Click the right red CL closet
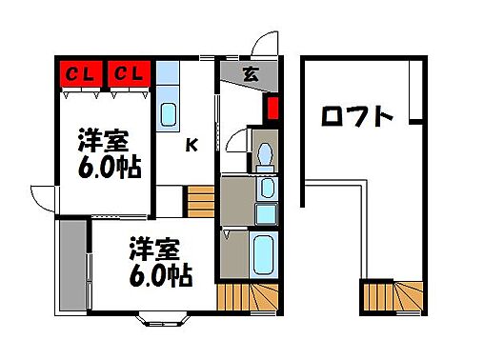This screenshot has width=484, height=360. (129, 72)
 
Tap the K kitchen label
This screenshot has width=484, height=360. (192, 146)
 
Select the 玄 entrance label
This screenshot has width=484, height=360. (249, 72)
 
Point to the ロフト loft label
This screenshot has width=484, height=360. (357, 117)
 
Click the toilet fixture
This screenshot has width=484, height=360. (264, 151)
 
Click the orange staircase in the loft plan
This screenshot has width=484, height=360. (393, 297)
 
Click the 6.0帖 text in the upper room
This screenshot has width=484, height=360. (110, 169)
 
